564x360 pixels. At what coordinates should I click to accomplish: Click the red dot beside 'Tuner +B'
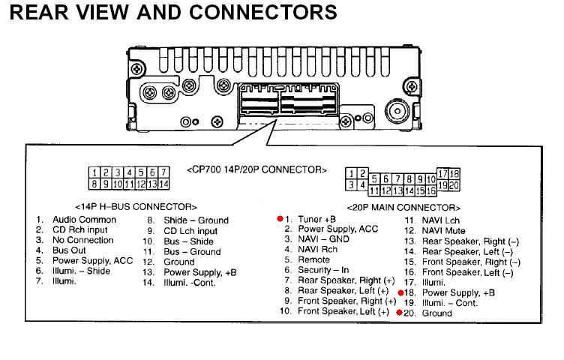pos(280,218)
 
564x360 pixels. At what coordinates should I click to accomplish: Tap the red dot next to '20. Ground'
pos(400,312)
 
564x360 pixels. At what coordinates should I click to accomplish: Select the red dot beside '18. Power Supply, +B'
pos(400,292)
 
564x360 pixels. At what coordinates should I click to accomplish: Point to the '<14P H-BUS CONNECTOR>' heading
pos(136,205)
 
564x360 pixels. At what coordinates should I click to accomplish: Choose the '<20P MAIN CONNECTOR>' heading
pos(403,206)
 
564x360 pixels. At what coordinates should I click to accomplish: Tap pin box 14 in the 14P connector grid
pos(163,183)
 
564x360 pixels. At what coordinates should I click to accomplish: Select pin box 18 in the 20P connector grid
pos(454,174)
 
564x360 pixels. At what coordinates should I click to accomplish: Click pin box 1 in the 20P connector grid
pos(351,173)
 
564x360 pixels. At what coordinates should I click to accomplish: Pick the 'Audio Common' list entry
pos(84,220)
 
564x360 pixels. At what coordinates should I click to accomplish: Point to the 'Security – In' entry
pos(323,269)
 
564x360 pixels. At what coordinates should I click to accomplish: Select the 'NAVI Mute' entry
pos(444,230)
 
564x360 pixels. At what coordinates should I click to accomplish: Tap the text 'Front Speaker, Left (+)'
pos(343,311)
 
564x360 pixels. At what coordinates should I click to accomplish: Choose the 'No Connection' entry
pos(82,240)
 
